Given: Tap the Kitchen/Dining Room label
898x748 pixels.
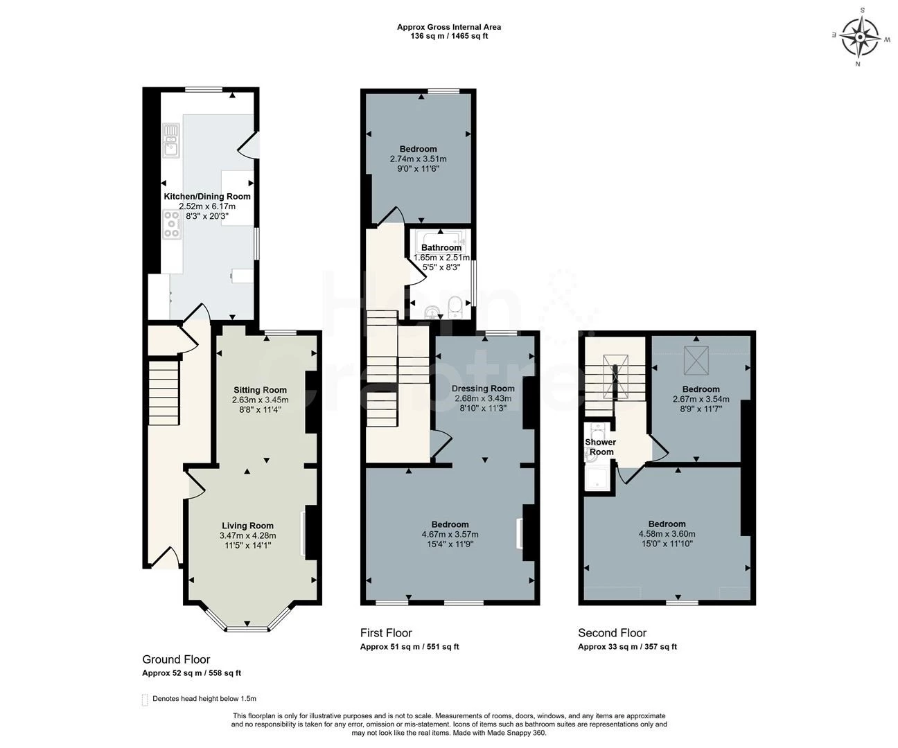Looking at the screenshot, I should click(x=207, y=197).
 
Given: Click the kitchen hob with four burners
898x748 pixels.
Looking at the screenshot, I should click(x=171, y=224).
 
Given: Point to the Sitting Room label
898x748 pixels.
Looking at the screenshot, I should click(x=260, y=390).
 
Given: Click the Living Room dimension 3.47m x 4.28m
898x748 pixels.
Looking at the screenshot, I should click(x=247, y=535).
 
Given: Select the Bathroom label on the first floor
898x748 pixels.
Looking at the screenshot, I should click(x=441, y=248).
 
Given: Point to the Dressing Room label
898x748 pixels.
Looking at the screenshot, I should click(x=483, y=389).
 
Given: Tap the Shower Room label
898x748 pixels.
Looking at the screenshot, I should click(x=600, y=447).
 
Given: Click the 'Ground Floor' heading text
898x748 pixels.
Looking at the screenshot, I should click(x=176, y=659).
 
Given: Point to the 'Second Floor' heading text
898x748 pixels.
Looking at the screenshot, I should click(x=612, y=633).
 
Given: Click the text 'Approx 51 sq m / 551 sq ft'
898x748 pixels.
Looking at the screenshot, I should click(x=409, y=647).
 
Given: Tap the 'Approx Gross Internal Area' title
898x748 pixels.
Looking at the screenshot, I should click(x=448, y=27).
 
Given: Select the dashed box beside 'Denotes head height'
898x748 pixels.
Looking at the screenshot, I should click(x=145, y=700).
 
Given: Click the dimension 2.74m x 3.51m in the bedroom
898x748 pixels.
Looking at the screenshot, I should click(x=418, y=159).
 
